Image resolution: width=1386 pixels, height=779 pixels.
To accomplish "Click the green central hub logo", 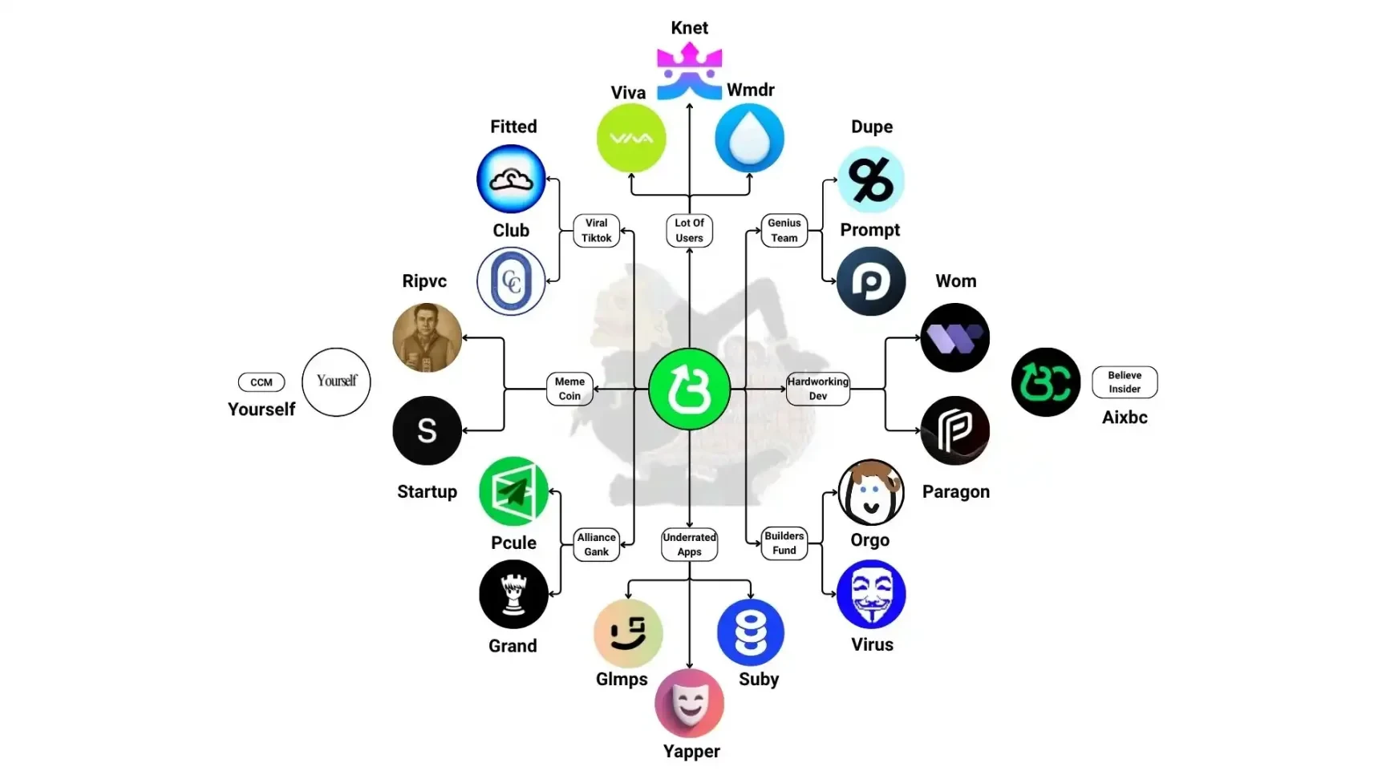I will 689,389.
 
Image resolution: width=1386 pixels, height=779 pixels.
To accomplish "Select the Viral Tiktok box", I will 596,231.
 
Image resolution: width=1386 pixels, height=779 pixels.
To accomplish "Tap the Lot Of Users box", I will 689,231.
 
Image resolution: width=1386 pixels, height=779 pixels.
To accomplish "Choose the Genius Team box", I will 784,231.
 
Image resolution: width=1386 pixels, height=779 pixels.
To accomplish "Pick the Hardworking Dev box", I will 817,389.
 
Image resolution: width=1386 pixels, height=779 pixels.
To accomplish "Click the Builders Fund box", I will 784,543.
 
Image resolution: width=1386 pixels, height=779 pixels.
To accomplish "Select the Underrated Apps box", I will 689,544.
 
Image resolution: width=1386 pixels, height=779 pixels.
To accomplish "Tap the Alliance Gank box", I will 596,544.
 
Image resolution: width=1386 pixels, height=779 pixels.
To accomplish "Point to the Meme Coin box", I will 569,389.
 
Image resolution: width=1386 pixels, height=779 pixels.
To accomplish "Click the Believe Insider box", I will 1125,382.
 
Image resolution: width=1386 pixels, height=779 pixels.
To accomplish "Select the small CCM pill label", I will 261,382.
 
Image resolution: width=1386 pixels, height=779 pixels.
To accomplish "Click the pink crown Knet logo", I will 689,71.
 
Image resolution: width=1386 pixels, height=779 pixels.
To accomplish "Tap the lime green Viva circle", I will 631,138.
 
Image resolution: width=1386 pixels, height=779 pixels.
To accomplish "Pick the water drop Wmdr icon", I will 749,138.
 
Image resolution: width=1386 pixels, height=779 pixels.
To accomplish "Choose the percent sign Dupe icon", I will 871,180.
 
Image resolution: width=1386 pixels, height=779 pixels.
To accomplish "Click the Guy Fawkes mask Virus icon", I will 871,594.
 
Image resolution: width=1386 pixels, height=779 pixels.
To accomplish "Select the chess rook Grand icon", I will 513,594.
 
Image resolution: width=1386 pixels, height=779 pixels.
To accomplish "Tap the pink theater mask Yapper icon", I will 689,703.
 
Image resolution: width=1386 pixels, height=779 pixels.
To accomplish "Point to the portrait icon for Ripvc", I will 427,337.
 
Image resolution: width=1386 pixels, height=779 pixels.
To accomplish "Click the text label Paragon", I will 955,491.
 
